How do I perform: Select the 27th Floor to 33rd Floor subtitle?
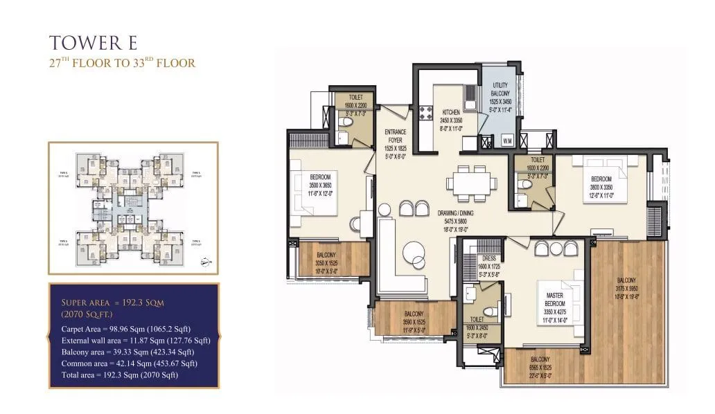[x=121, y=63]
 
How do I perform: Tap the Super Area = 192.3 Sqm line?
[x=112, y=303]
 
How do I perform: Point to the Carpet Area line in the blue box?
[x=125, y=328]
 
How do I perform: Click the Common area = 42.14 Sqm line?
[x=129, y=363]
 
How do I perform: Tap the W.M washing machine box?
[x=507, y=141]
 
